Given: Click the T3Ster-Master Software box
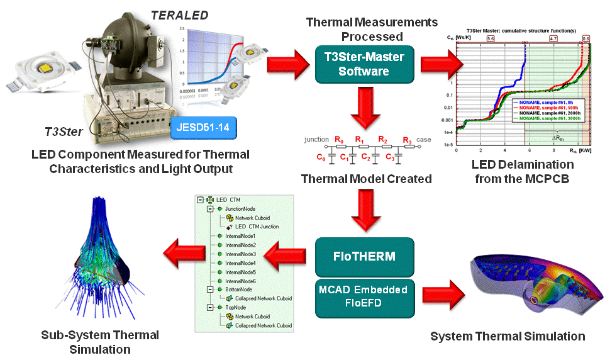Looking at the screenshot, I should (x=364, y=64).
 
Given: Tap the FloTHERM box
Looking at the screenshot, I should (x=365, y=257).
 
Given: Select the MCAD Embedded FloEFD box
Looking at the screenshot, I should (x=365, y=297).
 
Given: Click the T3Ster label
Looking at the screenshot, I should (x=61, y=132).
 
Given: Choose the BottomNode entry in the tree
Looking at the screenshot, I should (x=239, y=289).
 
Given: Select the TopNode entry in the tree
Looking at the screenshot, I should (x=235, y=307).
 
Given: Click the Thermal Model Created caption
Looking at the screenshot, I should (x=366, y=179).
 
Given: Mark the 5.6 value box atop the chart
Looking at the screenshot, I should (x=491, y=38).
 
